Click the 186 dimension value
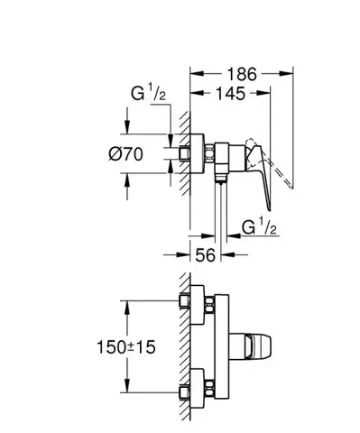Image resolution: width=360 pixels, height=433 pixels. [x=242, y=74]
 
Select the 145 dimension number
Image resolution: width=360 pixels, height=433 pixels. [x=231, y=94]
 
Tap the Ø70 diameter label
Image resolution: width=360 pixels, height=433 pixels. [x=126, y=154]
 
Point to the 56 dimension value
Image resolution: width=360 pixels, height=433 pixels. [x=206, y=255]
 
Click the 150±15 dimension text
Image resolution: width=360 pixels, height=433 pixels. [x=126, y=347]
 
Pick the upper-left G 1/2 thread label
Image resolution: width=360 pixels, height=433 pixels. [x=148, y=93]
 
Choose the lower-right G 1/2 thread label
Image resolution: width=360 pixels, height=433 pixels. [x=259, y=227]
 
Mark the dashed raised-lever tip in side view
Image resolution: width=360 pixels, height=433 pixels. [x=291, y=187]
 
